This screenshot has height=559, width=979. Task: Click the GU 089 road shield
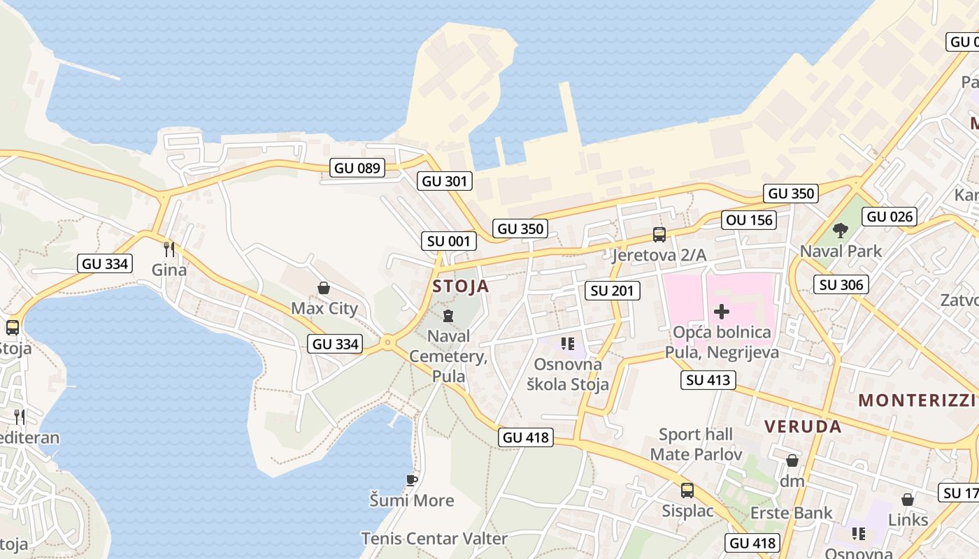pos(357,168)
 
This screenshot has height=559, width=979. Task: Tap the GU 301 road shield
pos(445,182)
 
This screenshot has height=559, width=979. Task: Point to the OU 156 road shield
pos(750,220)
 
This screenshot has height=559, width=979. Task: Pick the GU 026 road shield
pos(889,217)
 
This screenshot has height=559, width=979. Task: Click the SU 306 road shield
pos(841,284)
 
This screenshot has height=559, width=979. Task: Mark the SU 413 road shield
pos(708,380)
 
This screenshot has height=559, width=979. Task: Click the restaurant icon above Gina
pos(169,249)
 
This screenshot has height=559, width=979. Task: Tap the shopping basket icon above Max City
pos(324,288)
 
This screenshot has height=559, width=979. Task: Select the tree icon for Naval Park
pos(841,231)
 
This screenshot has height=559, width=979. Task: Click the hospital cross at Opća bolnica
pos(722,312)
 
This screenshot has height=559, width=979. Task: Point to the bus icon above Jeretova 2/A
pos(659,235)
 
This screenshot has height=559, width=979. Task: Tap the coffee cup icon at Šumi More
pos(412,480)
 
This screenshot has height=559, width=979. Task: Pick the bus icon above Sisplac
pos(687,491)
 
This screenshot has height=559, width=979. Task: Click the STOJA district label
pos(461,286)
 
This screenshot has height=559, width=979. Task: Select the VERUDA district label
pos(803,427)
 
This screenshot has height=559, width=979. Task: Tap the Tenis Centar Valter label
pos(434,539)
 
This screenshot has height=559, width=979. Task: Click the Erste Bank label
pos(792,513)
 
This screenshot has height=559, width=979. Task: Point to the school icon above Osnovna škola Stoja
pos(568,344)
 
